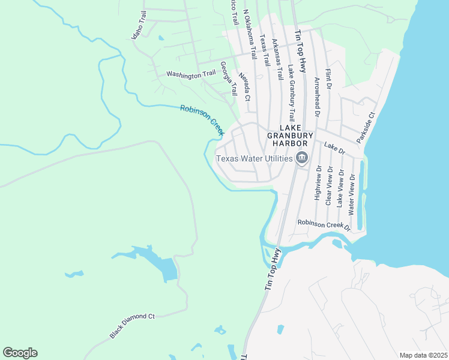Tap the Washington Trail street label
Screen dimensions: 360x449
pos(191,74)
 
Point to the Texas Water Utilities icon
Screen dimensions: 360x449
pos(302,158)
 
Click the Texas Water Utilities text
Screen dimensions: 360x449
pos(255,159)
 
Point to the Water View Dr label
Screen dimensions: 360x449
pos(352,194)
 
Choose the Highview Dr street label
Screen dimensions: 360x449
pos(318,183)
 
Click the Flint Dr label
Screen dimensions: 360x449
pos(328,79)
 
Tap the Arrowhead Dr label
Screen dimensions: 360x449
pos(316,95)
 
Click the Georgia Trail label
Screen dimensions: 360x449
pos(229,78)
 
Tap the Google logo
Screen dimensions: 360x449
pos(20,353)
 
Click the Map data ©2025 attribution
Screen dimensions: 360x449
pos(423,355)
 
